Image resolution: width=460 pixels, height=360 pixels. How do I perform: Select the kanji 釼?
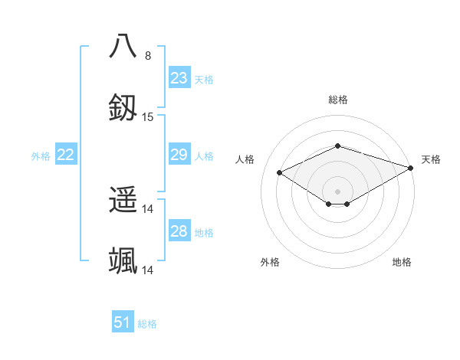123,108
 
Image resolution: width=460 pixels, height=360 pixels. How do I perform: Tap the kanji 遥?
123,201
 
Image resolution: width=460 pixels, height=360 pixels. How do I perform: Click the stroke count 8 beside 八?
148,55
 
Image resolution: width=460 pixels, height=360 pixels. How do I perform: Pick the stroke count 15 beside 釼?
148,117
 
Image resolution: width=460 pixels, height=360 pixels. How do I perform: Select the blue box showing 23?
179,78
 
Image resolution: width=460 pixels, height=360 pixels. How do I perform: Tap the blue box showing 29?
179,155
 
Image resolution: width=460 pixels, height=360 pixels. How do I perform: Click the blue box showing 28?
179,231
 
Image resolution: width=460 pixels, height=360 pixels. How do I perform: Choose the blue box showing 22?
66,155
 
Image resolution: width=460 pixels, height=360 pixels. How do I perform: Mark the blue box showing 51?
123,322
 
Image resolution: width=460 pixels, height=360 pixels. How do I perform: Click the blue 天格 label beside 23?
204,79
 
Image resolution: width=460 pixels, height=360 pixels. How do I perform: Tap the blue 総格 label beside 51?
147,324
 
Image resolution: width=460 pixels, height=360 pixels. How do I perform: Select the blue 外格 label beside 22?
41,156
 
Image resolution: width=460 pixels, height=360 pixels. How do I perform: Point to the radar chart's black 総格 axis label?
337,100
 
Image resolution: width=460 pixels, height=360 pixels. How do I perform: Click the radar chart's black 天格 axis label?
431,159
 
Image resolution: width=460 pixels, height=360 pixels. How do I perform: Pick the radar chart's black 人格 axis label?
245,159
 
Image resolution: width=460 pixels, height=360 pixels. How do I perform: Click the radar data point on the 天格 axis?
411,166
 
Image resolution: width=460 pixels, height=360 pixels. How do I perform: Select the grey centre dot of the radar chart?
337,190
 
